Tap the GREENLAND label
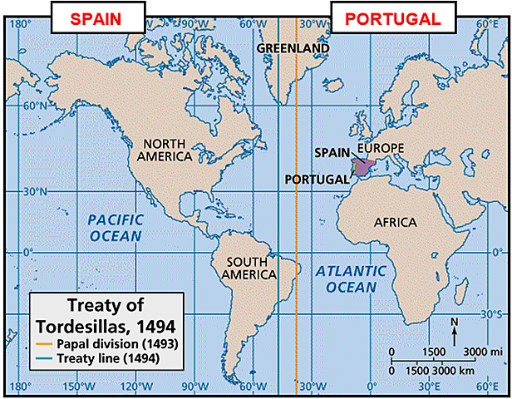[x=293, y=48]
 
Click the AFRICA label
[x=395, y=223]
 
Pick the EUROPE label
[x=380, y=148]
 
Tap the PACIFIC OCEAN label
[x=116, y=228]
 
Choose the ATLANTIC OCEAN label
[x=351, y=278]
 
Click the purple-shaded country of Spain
[x=366, y=165]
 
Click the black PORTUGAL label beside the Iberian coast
[x=317, y=179]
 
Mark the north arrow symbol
[x=454, y=330]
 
